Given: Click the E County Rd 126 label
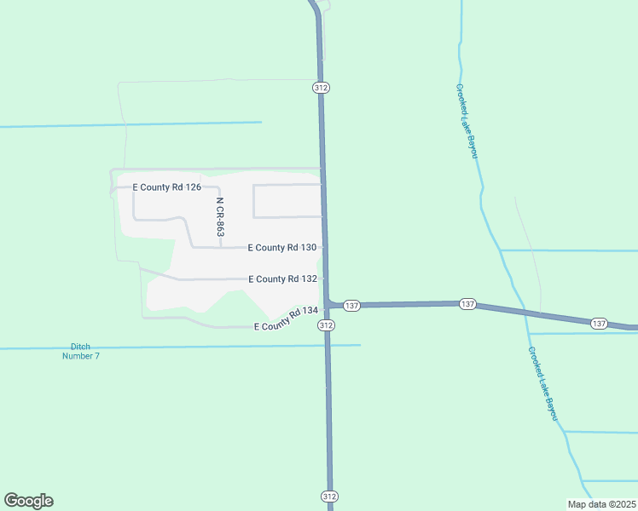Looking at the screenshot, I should pyautogui.click(x=166, y=187).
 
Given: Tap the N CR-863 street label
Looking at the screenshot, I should pyautogui.click(x=219, y=217).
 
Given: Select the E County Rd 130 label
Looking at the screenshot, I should pyautogui.click(x=282, y=248).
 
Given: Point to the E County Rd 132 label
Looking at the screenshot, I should pyautogui.click(x=283, y=278).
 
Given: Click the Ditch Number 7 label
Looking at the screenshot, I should pyautogui.click(x=81, y=351).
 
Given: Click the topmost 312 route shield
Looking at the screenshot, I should pyautogui.click(x=321, y=88).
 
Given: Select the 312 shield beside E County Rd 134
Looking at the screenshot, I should pyautogui.click(x=326, y=326).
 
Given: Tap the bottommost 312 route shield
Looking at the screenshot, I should pyautogui.click(x=330, y=496).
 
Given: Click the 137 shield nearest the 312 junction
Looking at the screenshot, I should pyautogui.click(x=353, y=305).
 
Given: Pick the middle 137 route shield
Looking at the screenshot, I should pyautogui.click(x=467, y=304).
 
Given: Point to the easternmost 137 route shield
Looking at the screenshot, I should pyautogui.click(x=599, y=324).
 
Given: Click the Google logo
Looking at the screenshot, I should pyautogui.click(x=28, y=501).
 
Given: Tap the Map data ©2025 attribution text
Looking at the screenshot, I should pyautogui.click(x=602, y=504).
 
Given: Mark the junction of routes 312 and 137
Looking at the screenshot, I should pyautogui.click(x=327, y=305).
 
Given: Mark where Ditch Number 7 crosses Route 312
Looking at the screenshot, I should pyautogui.click(x=328, y=345).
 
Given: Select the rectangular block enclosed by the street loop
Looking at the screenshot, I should pyautogui.click(x=287, y=200).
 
